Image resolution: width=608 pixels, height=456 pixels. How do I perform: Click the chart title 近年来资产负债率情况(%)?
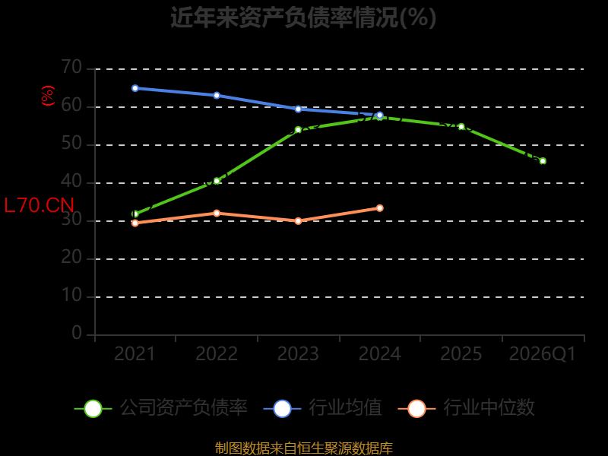[303, 17]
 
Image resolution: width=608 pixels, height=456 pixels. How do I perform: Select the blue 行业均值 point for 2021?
[135, 88]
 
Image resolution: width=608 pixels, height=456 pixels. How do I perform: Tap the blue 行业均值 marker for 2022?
[217, 96]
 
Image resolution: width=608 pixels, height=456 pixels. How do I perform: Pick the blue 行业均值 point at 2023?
[298, 109]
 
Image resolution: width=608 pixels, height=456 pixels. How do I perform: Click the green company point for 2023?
[298, 129]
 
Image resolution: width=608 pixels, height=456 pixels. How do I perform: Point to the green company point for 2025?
[461, 126]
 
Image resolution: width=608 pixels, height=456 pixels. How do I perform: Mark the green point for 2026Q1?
[543, 161]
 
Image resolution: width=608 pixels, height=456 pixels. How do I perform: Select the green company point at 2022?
[217, 181]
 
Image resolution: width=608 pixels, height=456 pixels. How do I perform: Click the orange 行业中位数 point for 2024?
[379, 208]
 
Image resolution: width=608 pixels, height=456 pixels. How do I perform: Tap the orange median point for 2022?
[217, 214]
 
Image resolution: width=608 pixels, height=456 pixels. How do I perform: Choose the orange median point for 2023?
[298, 221]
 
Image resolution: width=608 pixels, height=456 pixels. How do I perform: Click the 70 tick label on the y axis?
[71, 68]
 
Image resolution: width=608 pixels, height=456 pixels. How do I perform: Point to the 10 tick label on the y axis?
[71, 296]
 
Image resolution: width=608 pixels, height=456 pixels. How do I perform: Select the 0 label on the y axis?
[77, 334]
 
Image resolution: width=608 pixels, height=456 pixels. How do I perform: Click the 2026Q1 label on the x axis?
[543, 354]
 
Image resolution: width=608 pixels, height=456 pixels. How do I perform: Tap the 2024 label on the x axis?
[379, 354]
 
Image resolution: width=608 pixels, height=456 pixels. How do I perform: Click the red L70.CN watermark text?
[40, 205]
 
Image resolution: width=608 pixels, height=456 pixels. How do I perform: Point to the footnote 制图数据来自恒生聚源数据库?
[303, 448]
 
